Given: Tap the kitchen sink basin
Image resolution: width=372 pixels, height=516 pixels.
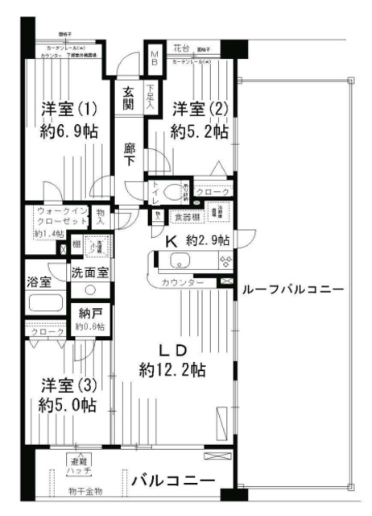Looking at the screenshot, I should pyautogui.click(x=178, y=260).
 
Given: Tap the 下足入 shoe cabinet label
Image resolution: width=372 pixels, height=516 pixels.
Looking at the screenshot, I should pyautogui.click(x=151, y=98).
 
